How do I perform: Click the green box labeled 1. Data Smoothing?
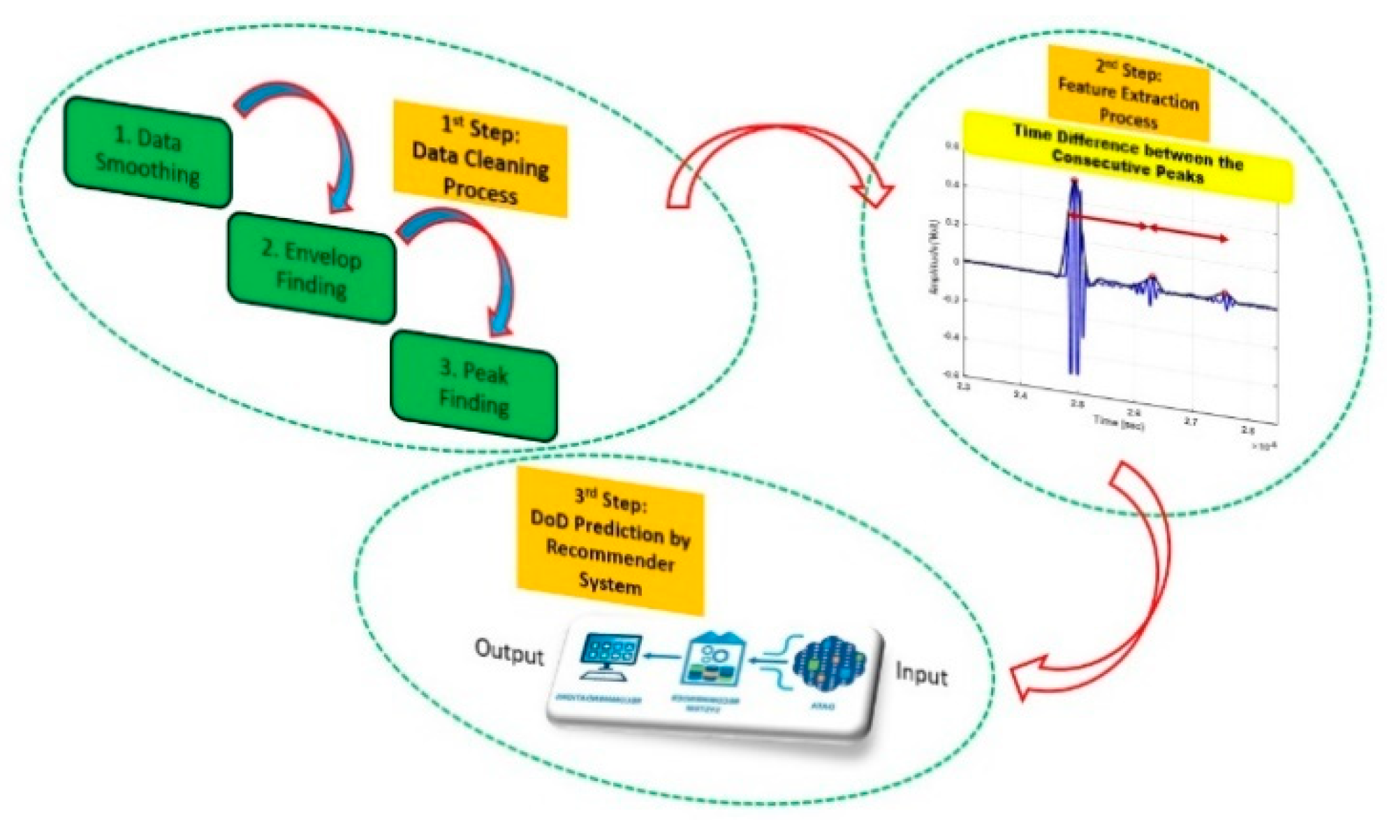pos(147,153)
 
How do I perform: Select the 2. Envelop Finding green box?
pos(311,268)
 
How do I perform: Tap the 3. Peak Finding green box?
pos(474,386)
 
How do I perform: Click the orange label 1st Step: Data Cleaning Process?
pos(480,159)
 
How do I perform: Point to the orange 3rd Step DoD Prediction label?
pos(610,542)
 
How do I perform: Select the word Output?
pos(508,652)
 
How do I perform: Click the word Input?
pos(921,674)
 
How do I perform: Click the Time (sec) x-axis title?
pos(1118,422)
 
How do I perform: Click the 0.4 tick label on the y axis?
pos(951,184)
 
